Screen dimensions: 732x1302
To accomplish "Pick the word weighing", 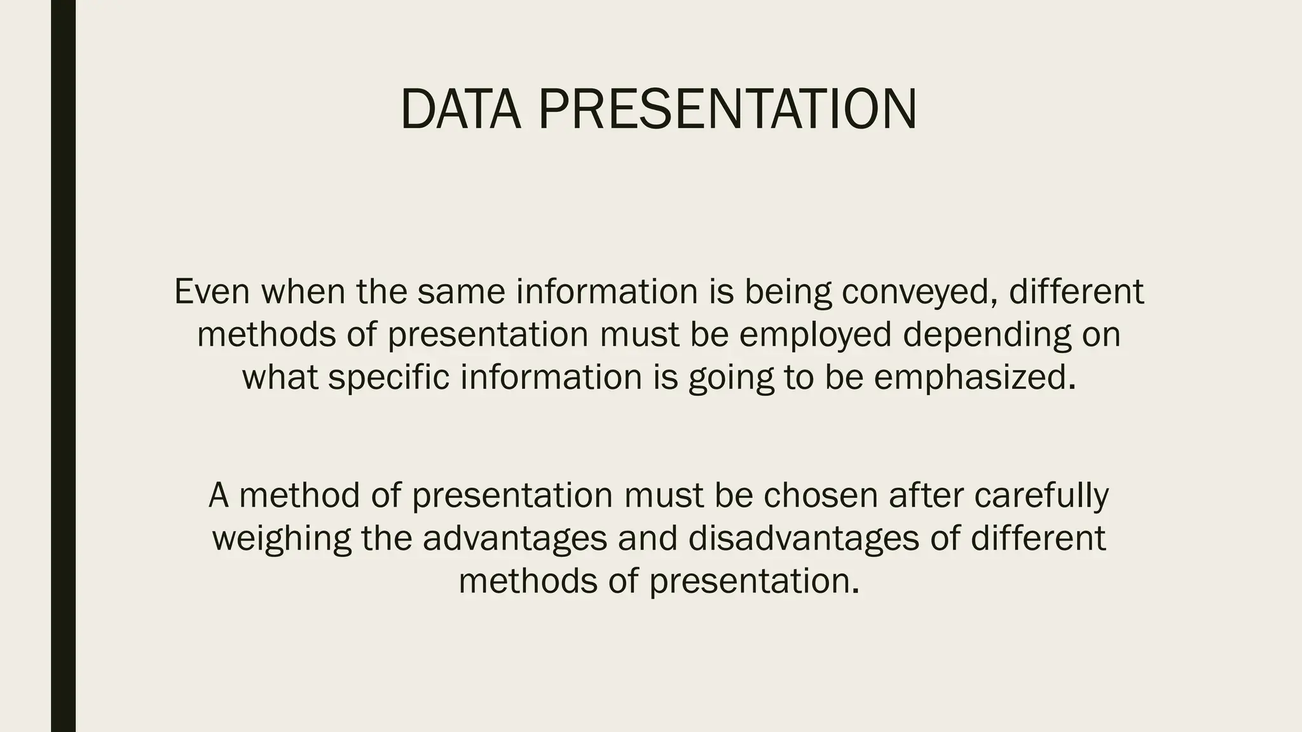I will click(x=281, y=539).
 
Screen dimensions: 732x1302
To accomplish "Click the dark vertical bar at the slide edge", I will click(x=63, y=366).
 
